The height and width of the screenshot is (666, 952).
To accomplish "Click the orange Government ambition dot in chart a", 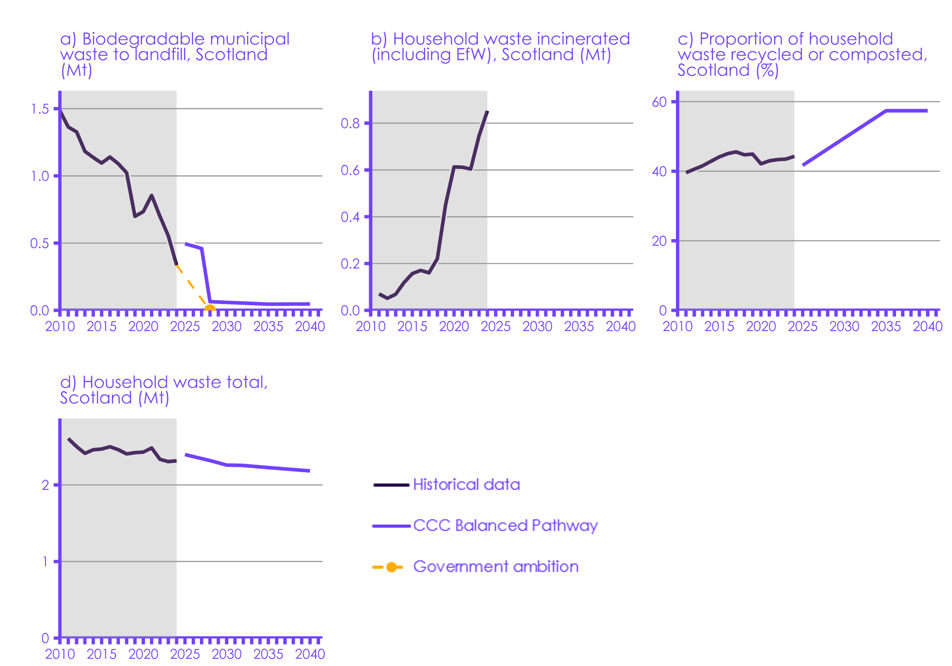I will click(210, 309).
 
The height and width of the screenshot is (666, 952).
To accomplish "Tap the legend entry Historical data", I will click(466, 485).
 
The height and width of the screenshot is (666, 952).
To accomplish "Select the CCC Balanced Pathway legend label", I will click(505, 526).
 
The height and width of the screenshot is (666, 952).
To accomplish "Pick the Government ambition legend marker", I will click(391, 567).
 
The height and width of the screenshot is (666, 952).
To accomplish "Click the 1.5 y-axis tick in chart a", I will click(40, 109).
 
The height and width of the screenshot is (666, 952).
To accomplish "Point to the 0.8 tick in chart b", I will click(350, 123).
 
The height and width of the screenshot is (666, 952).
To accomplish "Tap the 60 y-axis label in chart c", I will click(659, 102).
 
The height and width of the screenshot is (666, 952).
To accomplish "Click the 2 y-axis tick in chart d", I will click(45, 485).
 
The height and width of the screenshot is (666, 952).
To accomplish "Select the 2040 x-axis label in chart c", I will click(927, 326).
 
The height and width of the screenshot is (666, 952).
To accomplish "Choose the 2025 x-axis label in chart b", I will click(495, 326).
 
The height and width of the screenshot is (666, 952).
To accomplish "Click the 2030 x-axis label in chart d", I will click(227, 654).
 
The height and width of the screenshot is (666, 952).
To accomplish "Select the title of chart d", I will click(164, 390).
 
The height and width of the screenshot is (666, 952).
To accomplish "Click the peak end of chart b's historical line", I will click(487, 111).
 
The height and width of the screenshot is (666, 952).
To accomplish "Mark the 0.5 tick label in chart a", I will click(39, 243).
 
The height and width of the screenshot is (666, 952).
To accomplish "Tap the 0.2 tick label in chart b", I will click(350, 264).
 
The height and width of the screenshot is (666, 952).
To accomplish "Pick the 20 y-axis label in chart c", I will click(659, 241).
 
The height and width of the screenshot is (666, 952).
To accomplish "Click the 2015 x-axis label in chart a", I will click(101, 326).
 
